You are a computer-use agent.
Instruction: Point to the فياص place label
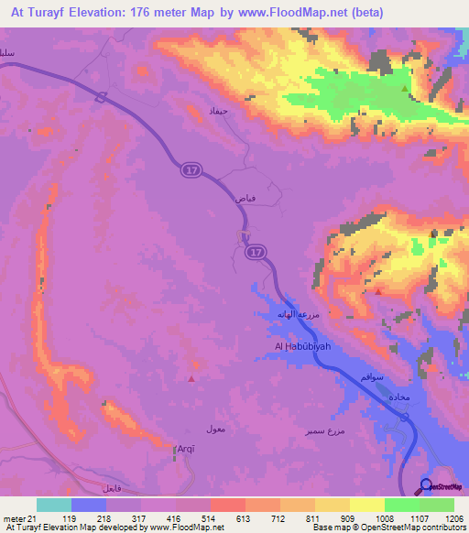(x=245, y=197)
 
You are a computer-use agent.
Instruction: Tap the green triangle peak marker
(x=405, y=88)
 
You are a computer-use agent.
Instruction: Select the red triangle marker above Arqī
(x=191, y=378)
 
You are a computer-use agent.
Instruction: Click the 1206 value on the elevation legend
(x=442, y=518)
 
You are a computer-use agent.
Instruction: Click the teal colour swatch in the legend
(x=54, y=505)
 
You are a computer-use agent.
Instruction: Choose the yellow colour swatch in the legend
(x=367, y=505)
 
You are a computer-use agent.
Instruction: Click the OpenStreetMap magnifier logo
(x=427, y=487)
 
